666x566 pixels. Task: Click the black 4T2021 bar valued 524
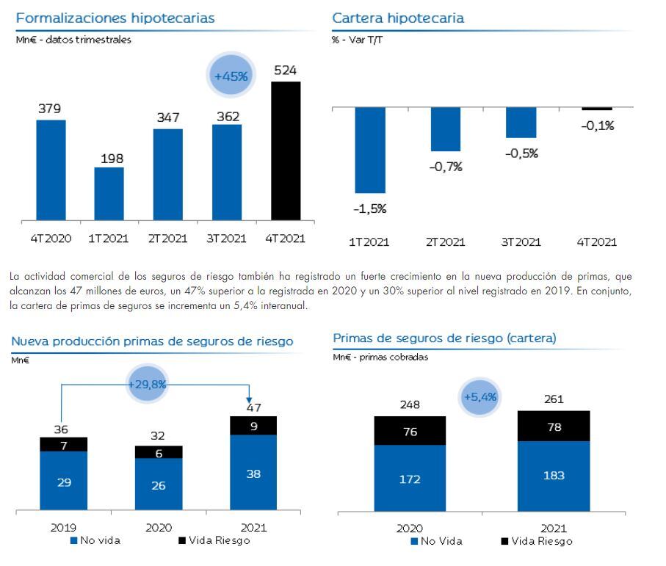pyautogui.click(x=286, y=150)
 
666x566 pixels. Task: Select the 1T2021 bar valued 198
pyautogui.click(x=109, y=194)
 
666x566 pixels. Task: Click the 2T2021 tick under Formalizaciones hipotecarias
pyautogui.click(x=167, y=239)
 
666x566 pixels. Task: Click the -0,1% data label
pyautogui.click(x=597, y=126)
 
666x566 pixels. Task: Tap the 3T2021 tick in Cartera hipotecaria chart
pyautogui.click(x=521, y=242)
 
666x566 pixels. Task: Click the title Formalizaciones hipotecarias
pyautogui.click(x=115, y=18)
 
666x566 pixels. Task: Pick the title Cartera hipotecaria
pyautogui.click(x=398, y=18)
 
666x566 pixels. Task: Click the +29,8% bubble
pyautogui.click(x=148, y=384)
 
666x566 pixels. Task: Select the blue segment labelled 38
pyautogui.click(x=253, y=474)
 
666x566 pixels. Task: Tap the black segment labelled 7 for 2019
pyautogui.click(x=63, y=444)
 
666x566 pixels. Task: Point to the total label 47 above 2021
pyautogui.click(x=253, y=407)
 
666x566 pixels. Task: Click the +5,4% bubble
pyautogui.click(x=480, y=397)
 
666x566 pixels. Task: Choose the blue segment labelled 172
pyautogui.click(x=410, y=479)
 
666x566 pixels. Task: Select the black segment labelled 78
pyautogui.click(x=555, y=427)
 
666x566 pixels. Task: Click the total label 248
pyautogui.click(x=410, y=404)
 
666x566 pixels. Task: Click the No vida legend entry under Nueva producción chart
pyautogui.click(x=95, y=541)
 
